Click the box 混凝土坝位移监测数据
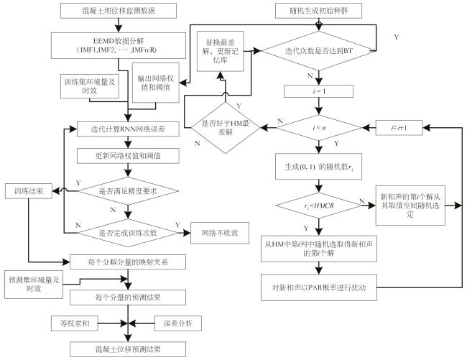(119, 11)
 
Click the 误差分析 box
(178, 323)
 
